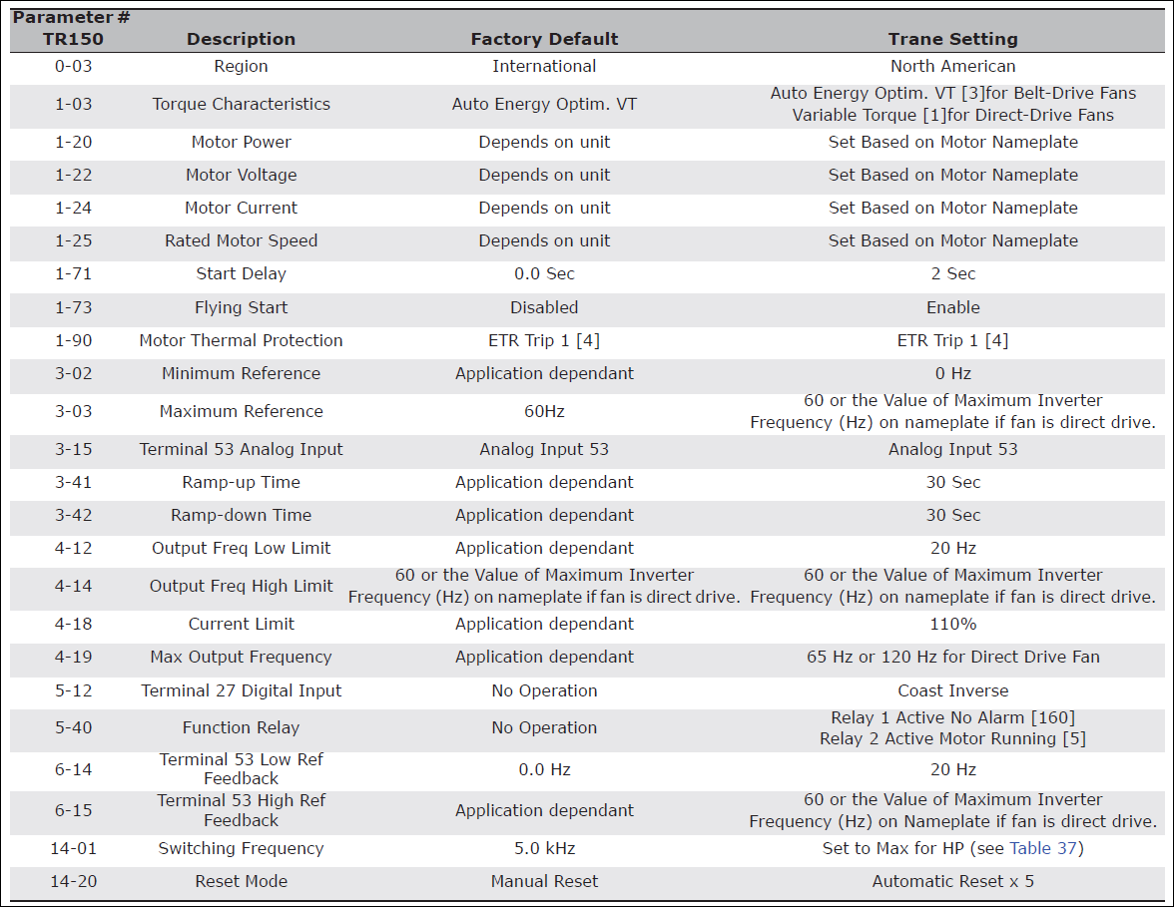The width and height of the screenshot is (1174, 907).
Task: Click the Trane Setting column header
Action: (x=952, y=39)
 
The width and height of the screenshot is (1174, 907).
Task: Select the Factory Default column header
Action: (x=544, y=39)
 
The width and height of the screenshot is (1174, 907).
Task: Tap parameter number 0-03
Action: (x=73, y=66)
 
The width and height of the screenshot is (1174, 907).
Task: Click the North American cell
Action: (x=952, y=66)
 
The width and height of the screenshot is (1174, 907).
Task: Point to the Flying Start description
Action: (x=241, y=307)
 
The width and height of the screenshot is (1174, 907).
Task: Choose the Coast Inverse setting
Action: (x=952, y=690)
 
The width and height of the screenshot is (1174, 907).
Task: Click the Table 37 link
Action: (x=1045, y=848)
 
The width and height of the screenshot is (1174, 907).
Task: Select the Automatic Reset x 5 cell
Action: (x=952, y=881)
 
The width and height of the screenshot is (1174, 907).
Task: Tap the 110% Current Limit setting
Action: (x=952, y=624)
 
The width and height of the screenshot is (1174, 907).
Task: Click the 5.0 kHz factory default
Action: (x=544, y=848)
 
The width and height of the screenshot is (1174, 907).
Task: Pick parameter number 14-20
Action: (x=73, y=881)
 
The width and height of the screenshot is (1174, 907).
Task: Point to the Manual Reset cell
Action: (x=544, y=881)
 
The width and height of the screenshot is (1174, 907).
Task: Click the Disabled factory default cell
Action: (x=544, y=307)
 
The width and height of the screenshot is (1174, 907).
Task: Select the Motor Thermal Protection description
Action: (x=241, y=340)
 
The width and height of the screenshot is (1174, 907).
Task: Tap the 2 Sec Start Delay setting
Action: (x=952, y=273)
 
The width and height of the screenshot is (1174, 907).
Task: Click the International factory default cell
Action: (x=544, y=66)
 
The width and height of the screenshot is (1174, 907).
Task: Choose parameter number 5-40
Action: (x=73, y=727)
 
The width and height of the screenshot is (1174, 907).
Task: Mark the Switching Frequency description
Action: (x=241, y=848)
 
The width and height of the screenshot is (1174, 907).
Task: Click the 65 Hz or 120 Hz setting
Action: (x=952, y=657)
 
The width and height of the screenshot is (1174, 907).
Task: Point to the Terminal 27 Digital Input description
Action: (x=241, y=690)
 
